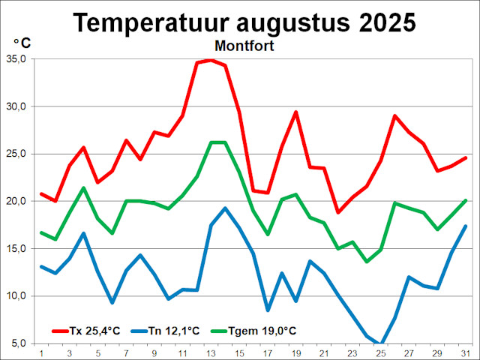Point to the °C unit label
[x=22, y=43]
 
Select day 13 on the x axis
[x=211, y=352]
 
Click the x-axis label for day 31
[x=465, y=352]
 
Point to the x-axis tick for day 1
[x=41, y=352]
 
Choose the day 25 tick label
[x=380, y=352]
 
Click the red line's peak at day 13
[x=211, y=60]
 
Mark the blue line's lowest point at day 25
[x=380, y=344]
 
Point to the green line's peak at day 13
[x=211, y=142]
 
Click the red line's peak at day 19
[x=295, y=112]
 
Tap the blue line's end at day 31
[x=465, y=226]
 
